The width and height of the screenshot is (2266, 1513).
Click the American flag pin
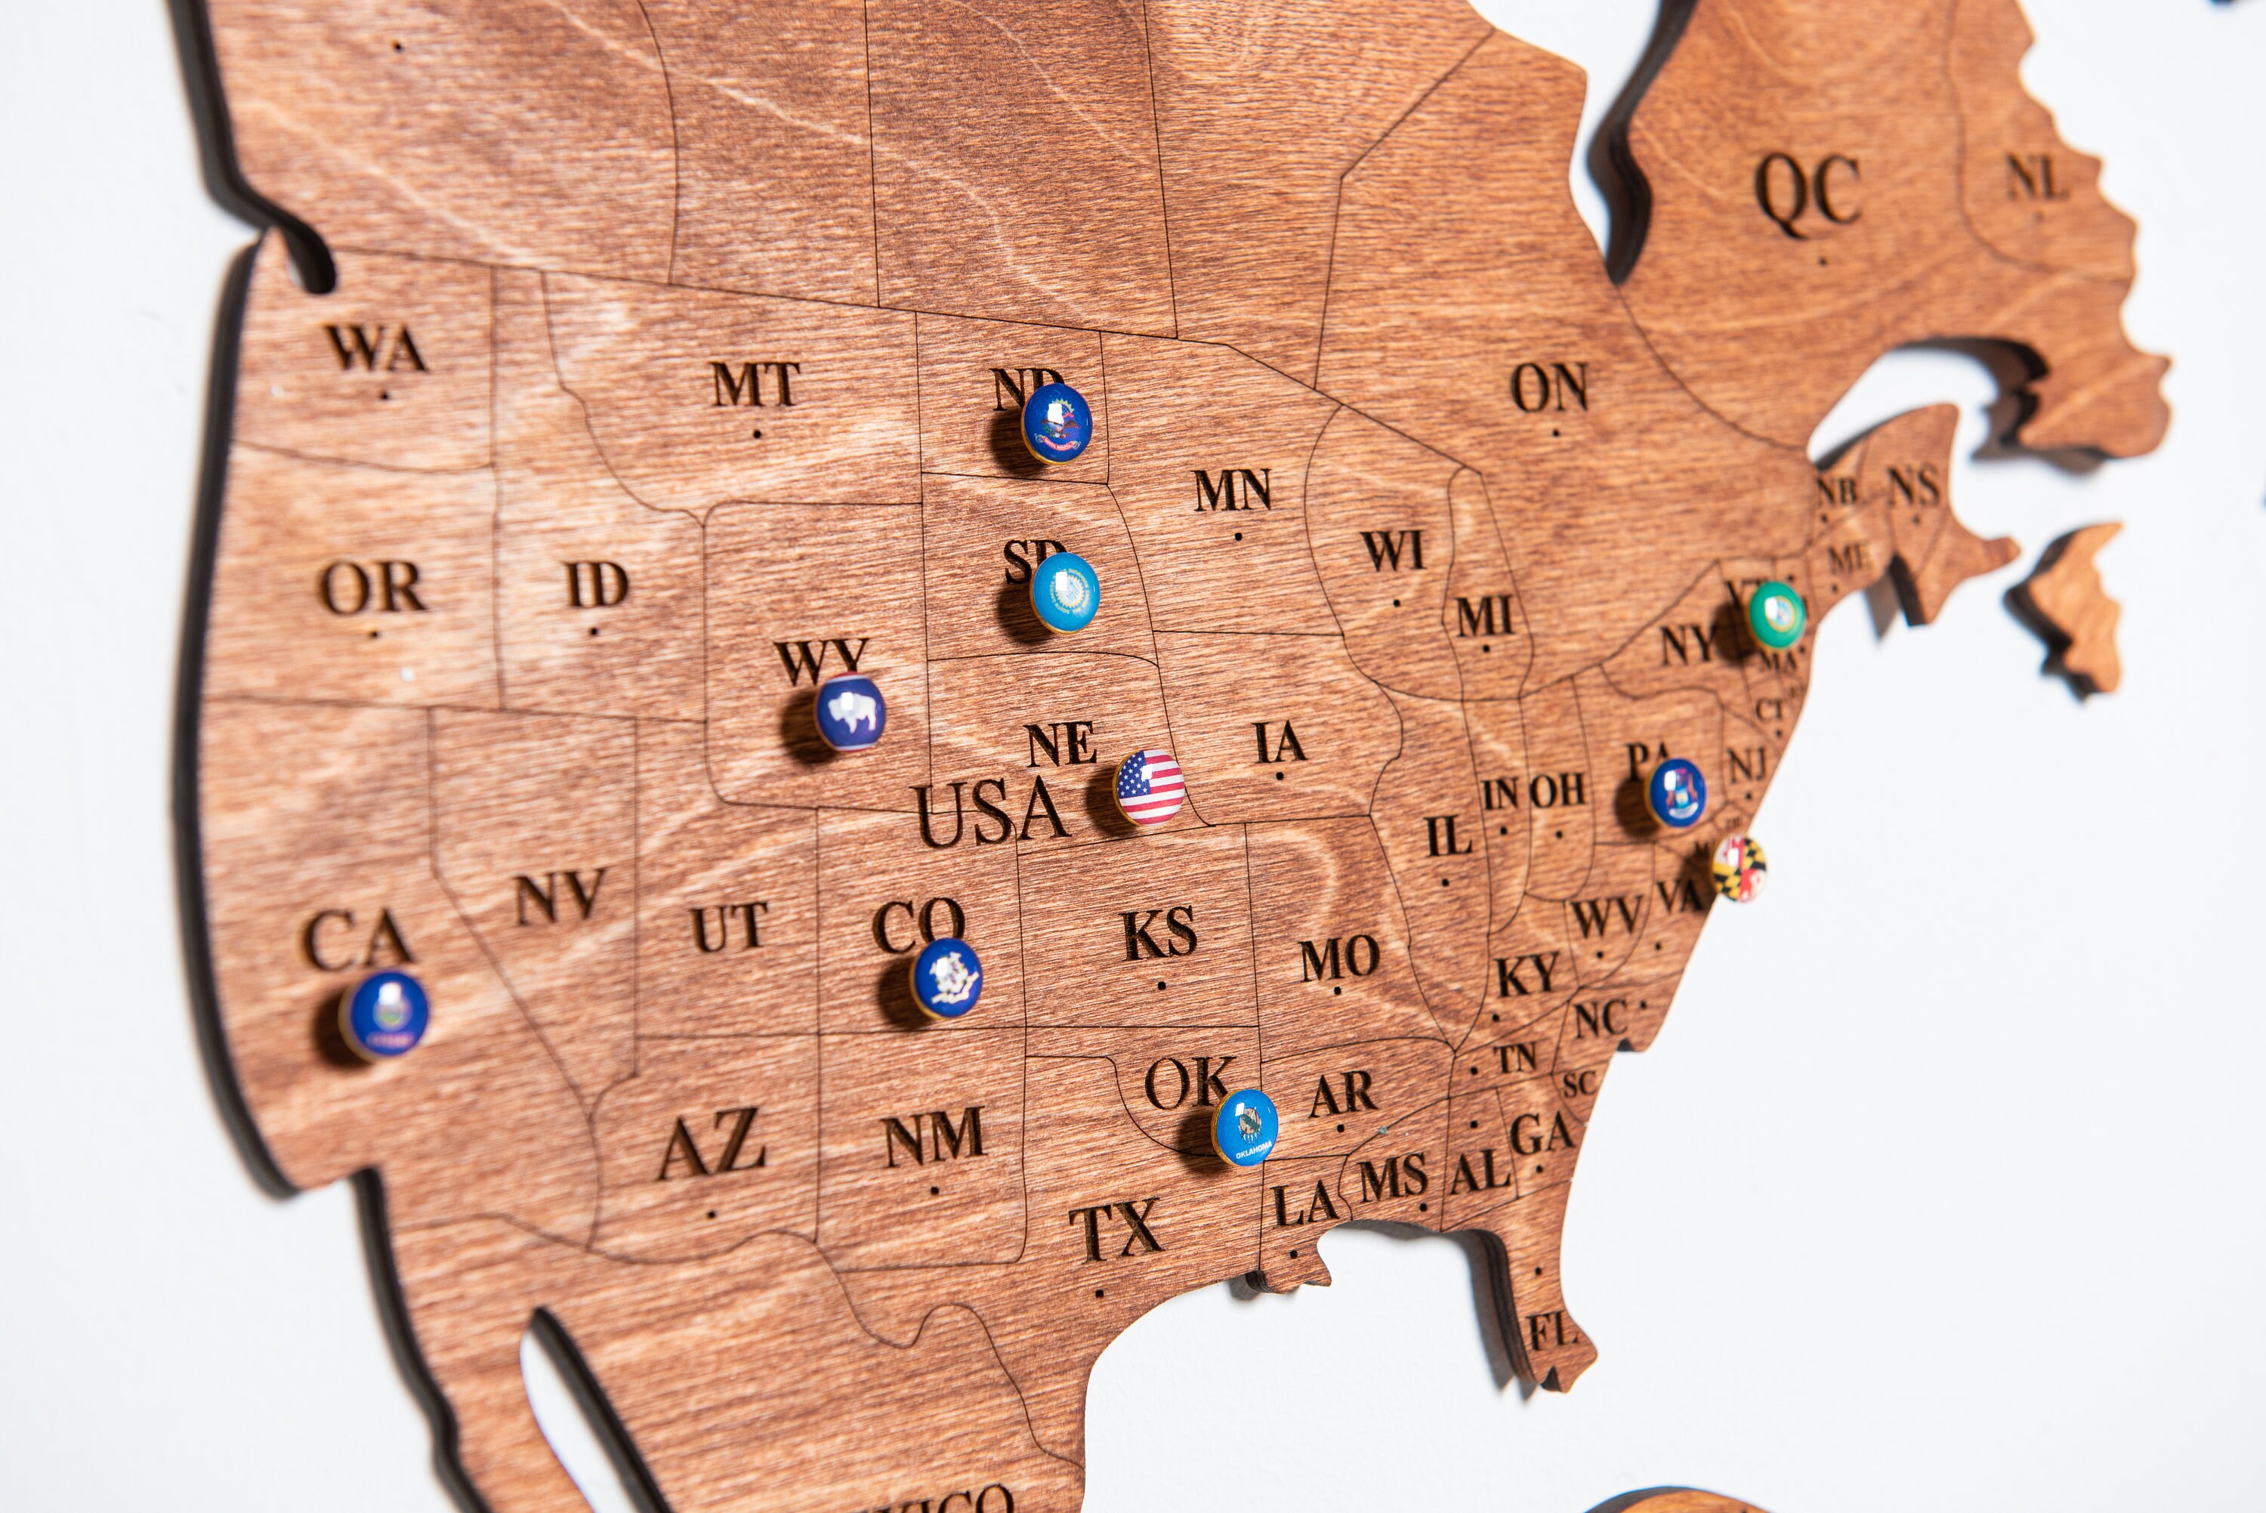pyautogui.click(x=1149, y=786)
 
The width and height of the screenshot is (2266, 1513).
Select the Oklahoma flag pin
pyautogui.click(x=1246, y=1126)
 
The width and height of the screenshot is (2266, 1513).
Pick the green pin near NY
pyautogui.click(x=1776, y=613)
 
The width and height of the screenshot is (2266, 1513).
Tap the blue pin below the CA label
pyautogui.click(x=384, y=1014)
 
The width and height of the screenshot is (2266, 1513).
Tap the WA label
pyautogui.click(x=376, y=348)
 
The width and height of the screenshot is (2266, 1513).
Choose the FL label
pyautogui.click(x=1551, y=1333)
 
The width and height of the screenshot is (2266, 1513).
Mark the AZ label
pyautogui.click(x=712, y=1145)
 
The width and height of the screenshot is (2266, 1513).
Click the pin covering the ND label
pyautogui.click(x=1056, y=423)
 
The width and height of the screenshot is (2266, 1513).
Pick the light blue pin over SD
pyautogui.click(x=1064, y=591)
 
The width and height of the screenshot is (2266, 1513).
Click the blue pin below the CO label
pyautogui.click(x=946, y=977)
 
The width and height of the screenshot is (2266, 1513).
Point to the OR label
pyautogui.click(x=372, y=587)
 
